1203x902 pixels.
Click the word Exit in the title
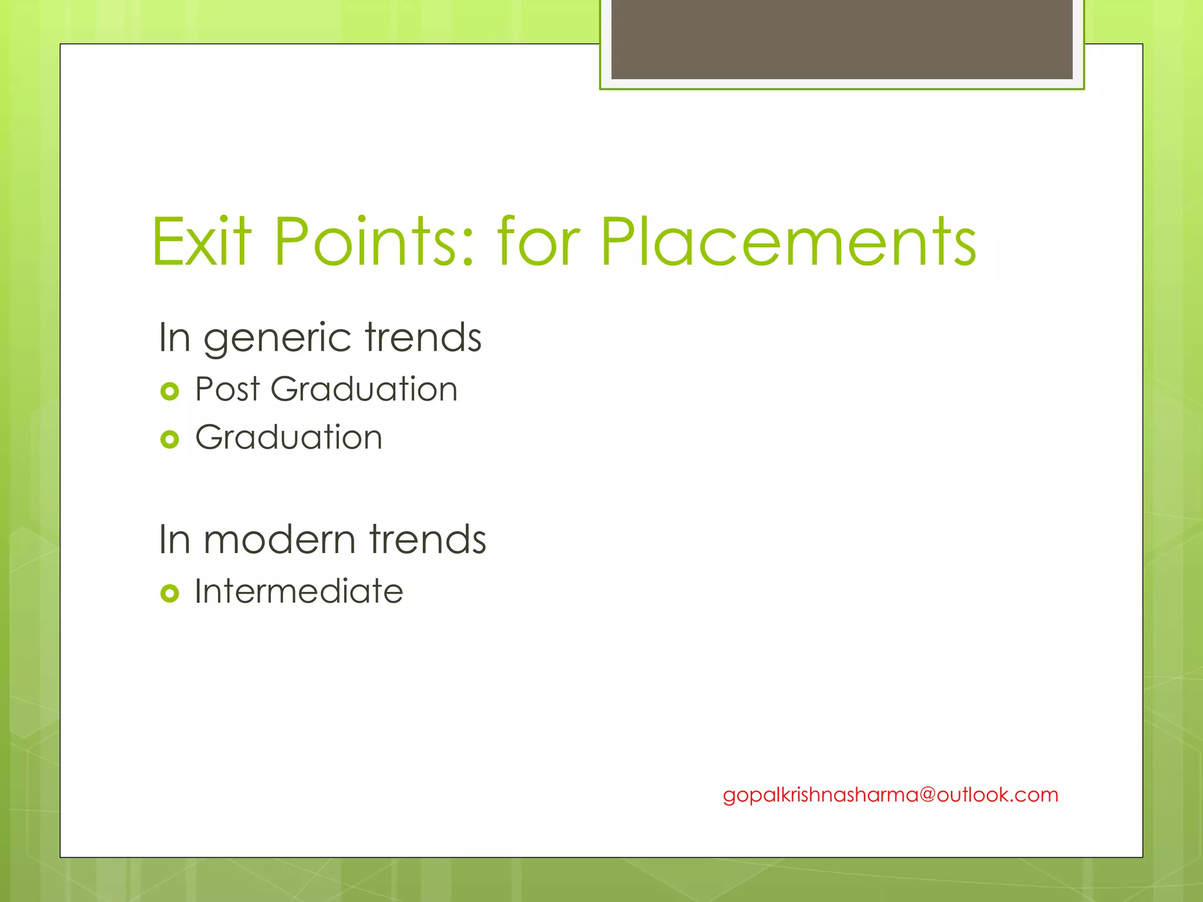[x=201, y=242]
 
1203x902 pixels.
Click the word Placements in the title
[x=788, y=242]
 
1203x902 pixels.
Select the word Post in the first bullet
[x=227, y=389]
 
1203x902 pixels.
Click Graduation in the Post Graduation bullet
[x=364, y=389]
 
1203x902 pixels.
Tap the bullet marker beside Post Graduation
[x=169, y=391]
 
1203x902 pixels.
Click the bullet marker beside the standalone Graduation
[x=169, y=439]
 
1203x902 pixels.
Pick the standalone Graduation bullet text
[x=288, y=437]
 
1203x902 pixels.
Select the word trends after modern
[x=427, y=540]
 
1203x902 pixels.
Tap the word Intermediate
[x=299, y=591]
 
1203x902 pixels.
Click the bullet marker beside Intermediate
[x=169, y=594]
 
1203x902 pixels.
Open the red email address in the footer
[x=890, y=795]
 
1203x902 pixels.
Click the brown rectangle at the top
[x=841, y=39]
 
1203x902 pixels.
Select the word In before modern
[x=174, y=540]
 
